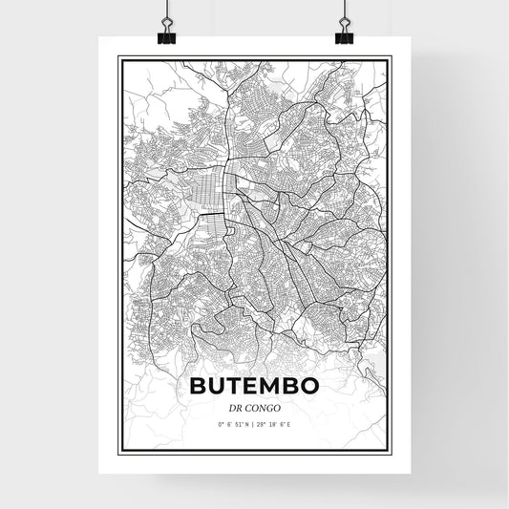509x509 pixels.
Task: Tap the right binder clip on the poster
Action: click(343, 34)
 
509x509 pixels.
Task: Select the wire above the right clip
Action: click(343, 10)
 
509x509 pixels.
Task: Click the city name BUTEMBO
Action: click(254, 387)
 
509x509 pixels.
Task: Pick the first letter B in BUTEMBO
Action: click(200, 387)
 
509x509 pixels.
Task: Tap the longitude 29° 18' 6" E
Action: click(276, 425)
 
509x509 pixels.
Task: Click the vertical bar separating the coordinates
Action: click(254, 425)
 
